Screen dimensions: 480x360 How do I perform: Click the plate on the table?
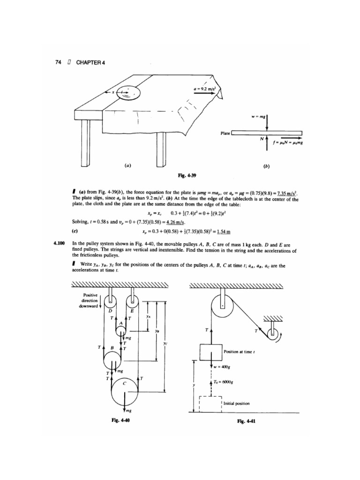(127, 93)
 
